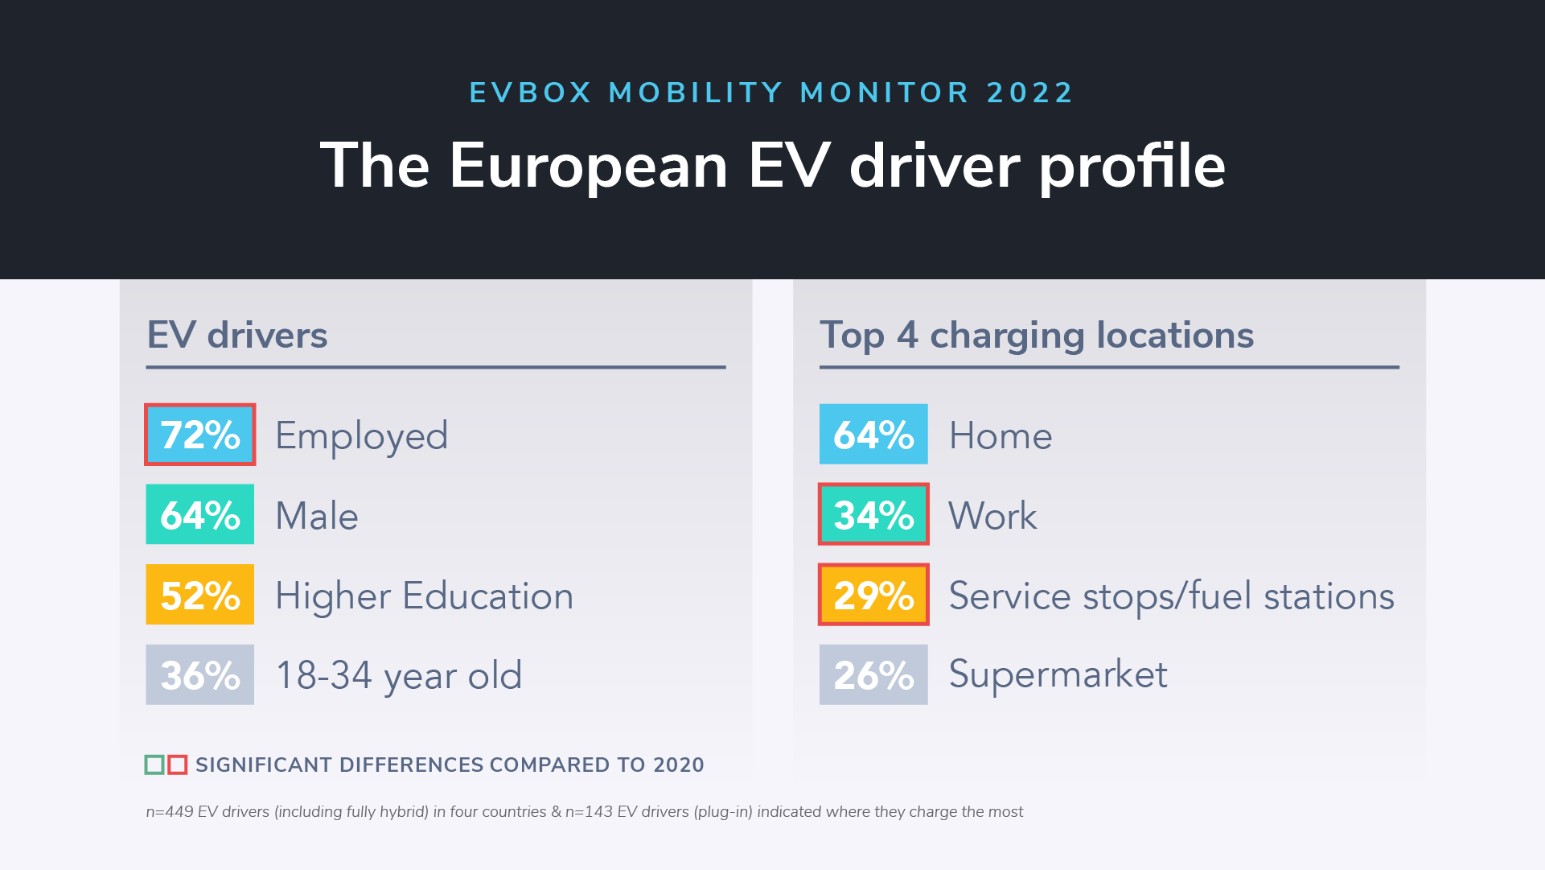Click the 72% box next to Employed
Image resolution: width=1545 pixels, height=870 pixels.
click(199, 435)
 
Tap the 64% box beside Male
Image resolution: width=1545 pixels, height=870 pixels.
click(199, 514)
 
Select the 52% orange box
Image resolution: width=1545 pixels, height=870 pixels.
click(199, 595)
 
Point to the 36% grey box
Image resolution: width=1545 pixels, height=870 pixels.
click(199, 674)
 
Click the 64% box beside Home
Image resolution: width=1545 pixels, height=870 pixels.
click(873, 435)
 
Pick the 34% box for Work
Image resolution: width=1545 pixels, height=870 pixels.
click(873, 514)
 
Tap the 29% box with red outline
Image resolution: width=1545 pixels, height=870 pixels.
click(873, 595)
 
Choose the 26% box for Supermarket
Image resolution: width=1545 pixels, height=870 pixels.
click(873, 674)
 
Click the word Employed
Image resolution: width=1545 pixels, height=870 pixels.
click(361, 436)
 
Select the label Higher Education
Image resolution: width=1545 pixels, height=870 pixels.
click(424, 596)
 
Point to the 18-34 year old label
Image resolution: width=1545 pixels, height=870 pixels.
click(398, 675)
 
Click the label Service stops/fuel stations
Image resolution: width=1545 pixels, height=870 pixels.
click(1171, 596)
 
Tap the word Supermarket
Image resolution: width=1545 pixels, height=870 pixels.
click(1058, 674)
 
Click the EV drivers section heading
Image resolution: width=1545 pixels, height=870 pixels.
click(237, 335)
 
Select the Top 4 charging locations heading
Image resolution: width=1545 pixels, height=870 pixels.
click(1036, 335)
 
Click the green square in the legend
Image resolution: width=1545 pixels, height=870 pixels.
click(154, 765)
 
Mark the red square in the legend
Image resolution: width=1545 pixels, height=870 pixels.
click(178, 765)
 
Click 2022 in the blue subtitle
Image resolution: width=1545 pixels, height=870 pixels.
click(1030, 93)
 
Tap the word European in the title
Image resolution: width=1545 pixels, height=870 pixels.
click(588, 166)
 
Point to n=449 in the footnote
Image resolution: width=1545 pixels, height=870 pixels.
click(170, 811)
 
